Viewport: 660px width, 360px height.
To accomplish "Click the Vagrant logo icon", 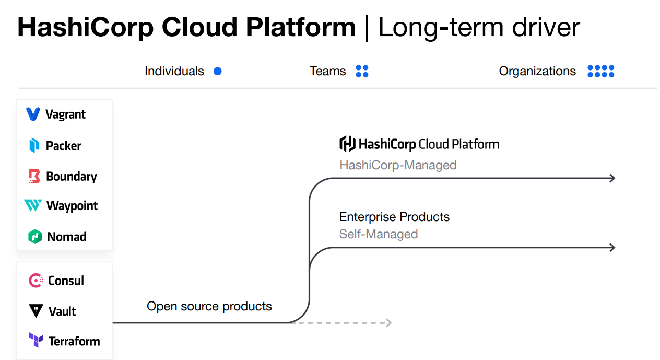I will (x=33, y=114).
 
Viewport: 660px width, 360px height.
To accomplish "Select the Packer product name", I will (x=63, y=146).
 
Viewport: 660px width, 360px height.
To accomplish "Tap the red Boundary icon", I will (x=34, y=177).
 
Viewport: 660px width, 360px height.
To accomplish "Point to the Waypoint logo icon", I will (x=33, y=206).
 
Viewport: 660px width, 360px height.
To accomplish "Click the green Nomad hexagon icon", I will (x=34, y=237).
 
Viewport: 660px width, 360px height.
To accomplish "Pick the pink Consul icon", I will (x=36, y=281).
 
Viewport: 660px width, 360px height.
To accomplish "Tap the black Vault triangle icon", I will (x=36, y=311).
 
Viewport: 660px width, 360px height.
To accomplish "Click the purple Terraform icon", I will (x=36, y=341).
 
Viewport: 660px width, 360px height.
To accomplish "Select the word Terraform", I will (x=74, y=341).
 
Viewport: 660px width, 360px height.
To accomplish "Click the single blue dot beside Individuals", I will (x=218, y=71).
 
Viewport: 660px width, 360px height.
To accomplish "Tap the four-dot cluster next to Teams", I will (x=362, y=71).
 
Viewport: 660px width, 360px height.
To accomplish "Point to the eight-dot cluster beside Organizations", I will (x=600, y=71).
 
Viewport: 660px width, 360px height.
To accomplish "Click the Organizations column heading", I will (x=537, y=71).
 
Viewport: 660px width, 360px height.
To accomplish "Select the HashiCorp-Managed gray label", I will (x=398, y=165).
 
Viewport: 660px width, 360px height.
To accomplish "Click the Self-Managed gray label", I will (x=379, y=234).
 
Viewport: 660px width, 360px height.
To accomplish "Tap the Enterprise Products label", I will (x=394, y=217).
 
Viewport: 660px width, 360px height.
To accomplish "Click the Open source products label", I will (x=209, y=306).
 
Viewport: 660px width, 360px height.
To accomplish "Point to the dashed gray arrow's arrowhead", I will (x=388, y=323).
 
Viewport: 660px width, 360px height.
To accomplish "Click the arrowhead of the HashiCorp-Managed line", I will (x=612, y=179).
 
